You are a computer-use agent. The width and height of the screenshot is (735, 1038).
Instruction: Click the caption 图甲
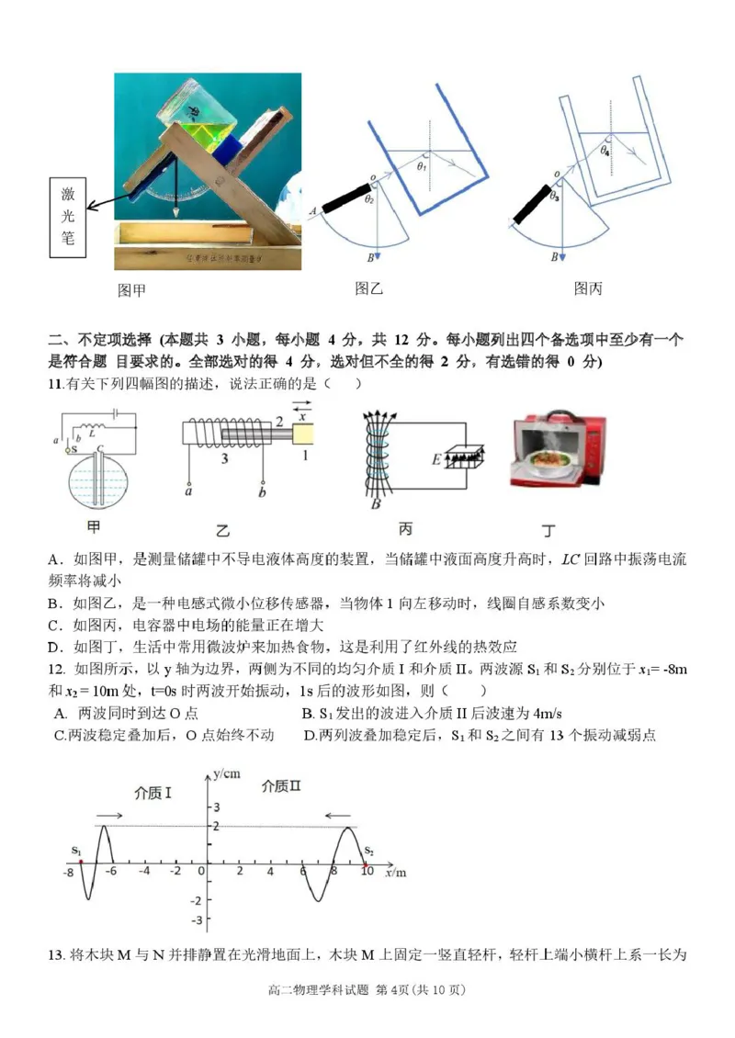coord(131,291)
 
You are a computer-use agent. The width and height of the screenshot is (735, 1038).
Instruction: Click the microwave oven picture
coord(558,450)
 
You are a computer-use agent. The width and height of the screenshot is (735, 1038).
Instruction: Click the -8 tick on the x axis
coord(68,872)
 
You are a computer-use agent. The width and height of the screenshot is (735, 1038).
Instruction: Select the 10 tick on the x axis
coord(367,871)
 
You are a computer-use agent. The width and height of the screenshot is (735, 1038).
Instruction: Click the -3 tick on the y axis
coord(193,920)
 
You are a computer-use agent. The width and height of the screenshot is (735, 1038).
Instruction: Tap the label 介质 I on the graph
coord(153,792)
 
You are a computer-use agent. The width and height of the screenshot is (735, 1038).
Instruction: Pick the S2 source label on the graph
coord(369,852)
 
